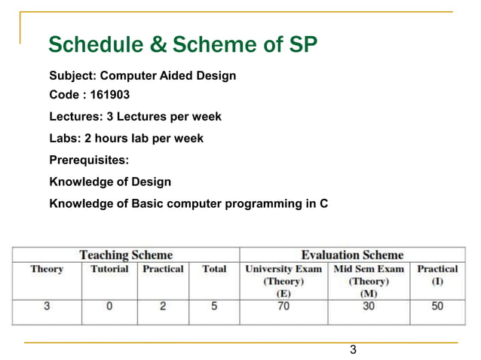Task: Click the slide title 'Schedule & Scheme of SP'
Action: click(x=182, y=45)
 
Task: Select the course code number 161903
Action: click(x=107, y=96)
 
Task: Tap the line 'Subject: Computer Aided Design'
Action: click(x=142, y=76)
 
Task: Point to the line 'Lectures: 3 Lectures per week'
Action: click(x=135, y=117)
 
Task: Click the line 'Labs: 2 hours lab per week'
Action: click(x=126, y=139)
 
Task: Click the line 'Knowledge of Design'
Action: click(x=110, y=182)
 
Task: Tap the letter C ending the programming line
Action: click(x=323, y=203)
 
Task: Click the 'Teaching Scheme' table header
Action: click(x=126, y=255)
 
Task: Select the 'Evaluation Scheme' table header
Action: click(x=352, y=255)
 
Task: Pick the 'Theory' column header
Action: click(x=47, y=269)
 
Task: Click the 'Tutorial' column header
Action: click(x=109, y=269)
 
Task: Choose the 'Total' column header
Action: click(x=214, y=269)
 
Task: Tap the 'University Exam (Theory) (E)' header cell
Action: click(x=283, y=281)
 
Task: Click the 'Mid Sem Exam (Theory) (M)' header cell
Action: click(x=369, y=281)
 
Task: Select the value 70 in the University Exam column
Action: click(x=283, y=307)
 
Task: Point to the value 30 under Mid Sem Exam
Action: click(x=369, y=307)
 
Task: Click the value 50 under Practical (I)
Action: click(x=437, y=307)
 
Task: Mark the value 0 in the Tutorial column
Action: click(x=109, y=307)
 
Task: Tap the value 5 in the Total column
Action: click(x=214, y=307)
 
